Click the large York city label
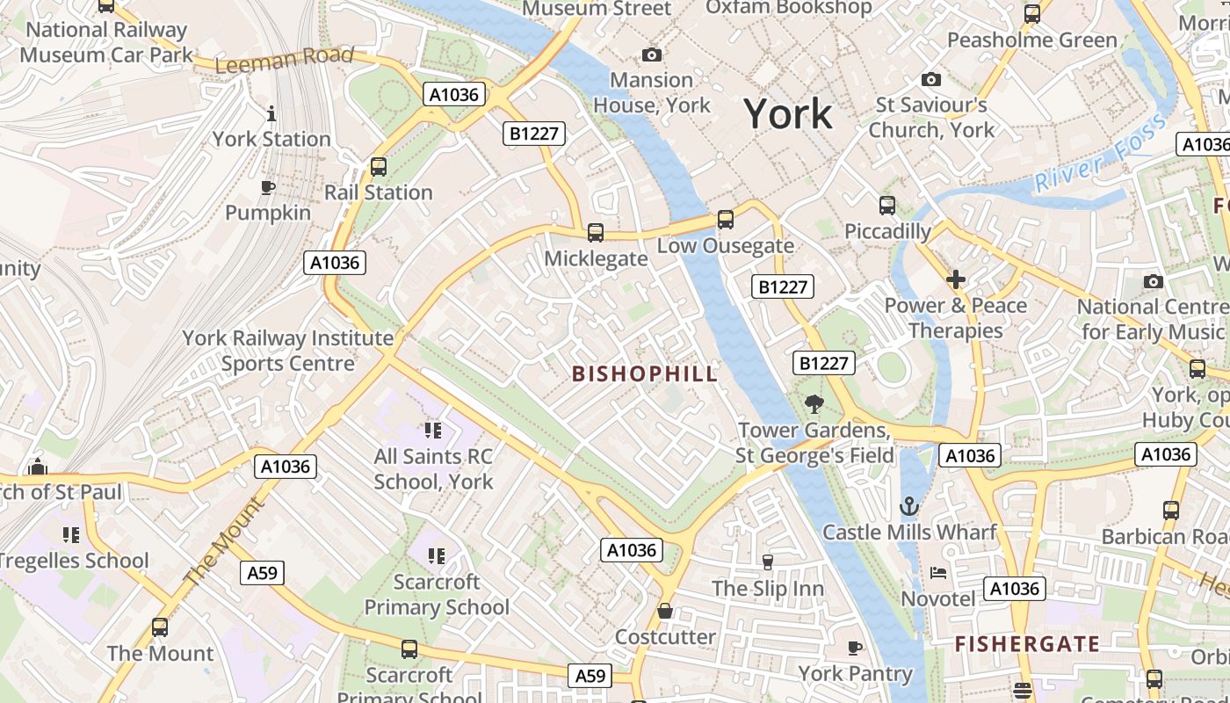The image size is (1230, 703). coord(787,114)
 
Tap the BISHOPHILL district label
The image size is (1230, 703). coord(644,373)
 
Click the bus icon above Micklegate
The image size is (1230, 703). coord(595,233)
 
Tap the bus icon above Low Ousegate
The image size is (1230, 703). coord(725,220)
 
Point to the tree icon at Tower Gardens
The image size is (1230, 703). coord(814,404)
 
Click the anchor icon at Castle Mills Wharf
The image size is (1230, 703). coord(909,506)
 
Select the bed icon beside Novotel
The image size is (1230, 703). coord(938,573)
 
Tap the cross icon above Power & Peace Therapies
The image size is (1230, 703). coord(955,279)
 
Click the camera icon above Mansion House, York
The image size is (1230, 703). coord(651,54)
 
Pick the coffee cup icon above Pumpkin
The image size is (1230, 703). coord(268,187)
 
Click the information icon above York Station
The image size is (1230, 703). coord(271,113)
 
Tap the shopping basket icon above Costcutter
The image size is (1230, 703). coord(665,611)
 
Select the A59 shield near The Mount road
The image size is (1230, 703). coord(262,573)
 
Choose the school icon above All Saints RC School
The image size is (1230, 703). coord(432,431)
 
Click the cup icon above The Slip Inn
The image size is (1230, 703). coord(767,562)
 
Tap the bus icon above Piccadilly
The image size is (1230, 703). coord(886,206)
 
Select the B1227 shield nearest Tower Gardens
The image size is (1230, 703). coord(824,363)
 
